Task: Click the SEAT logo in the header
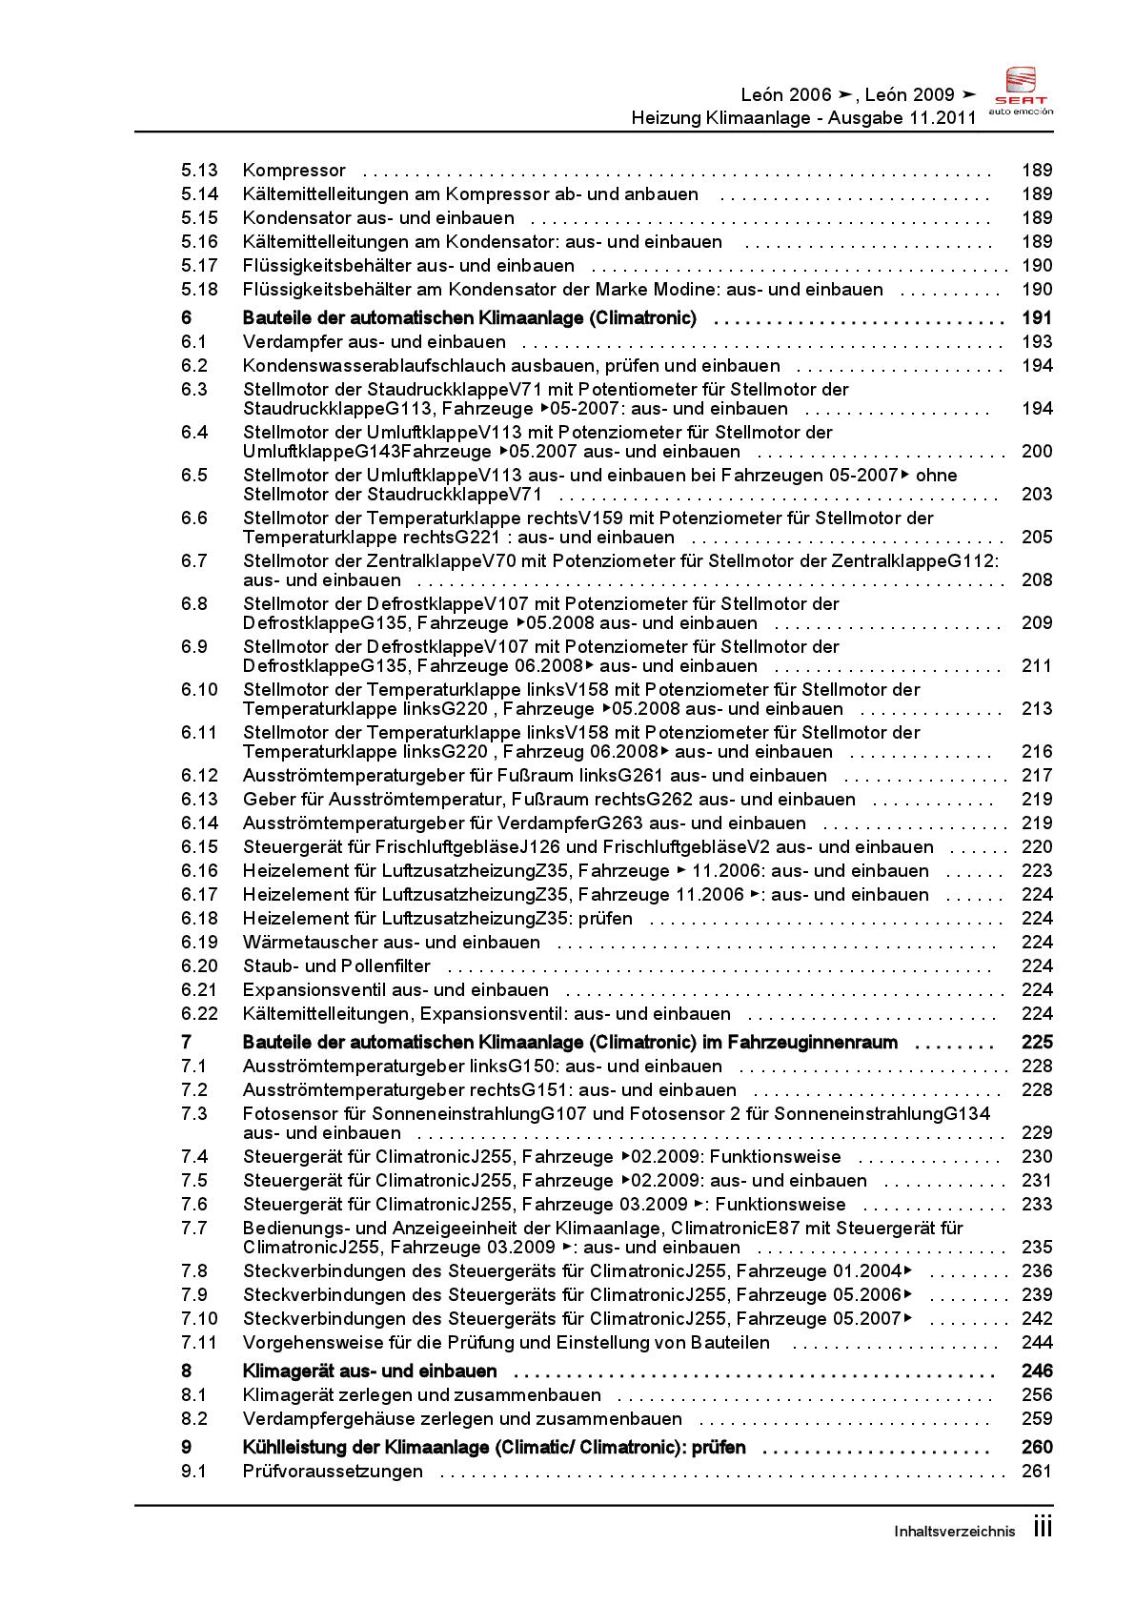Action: click(x=1021, y=91)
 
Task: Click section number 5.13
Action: click(x=199, y=171)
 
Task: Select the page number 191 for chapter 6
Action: click(x=1036, y=318)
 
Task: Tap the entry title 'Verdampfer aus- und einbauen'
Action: click(x=375, y=342)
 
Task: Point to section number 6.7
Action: click(x=194, y=561)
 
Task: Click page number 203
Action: click(x=1036, y=495)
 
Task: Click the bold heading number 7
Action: click(x=187, y=1043)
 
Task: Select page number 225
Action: click(x=1036, y=1043)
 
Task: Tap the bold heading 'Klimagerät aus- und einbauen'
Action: click(x=370, y=1371)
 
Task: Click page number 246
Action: click(x=1036, y=1371)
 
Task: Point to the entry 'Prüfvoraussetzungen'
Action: click(x=333, y=1472)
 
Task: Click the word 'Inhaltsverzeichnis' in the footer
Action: click(x=955, y=1532)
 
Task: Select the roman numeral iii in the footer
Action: click(x=1043, y=1528)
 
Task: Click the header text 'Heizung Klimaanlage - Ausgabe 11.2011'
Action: click(x=803, y=118)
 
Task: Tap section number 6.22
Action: click(x=199, y=1014)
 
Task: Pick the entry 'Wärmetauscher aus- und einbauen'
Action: click(x=392, y=943)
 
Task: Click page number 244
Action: click(x=1036, y=1343)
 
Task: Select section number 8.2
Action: click(x=194, y=1419)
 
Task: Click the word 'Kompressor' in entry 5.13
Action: click(x=294, y=171)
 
